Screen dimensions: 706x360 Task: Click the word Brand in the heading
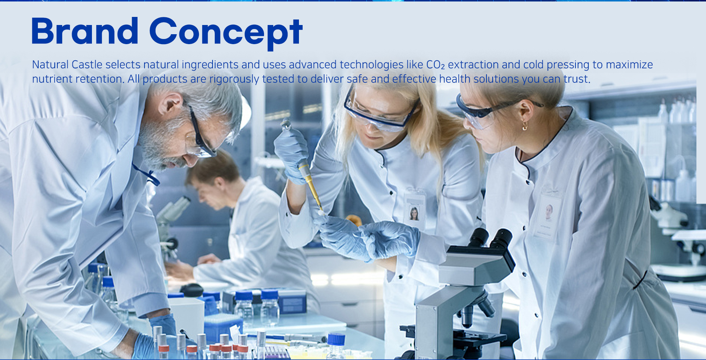click(x=85, y=31)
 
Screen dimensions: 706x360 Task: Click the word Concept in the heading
click(x=226, y=33)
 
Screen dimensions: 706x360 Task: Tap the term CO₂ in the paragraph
click(x=435, y=65)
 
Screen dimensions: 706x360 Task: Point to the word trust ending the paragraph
click(x=576, y=79)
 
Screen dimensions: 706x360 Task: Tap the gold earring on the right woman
click(x=525, y=126)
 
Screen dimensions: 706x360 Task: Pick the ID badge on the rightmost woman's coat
click(x=548, y=215)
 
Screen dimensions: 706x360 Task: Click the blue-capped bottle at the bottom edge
click(x=336, y=345)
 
